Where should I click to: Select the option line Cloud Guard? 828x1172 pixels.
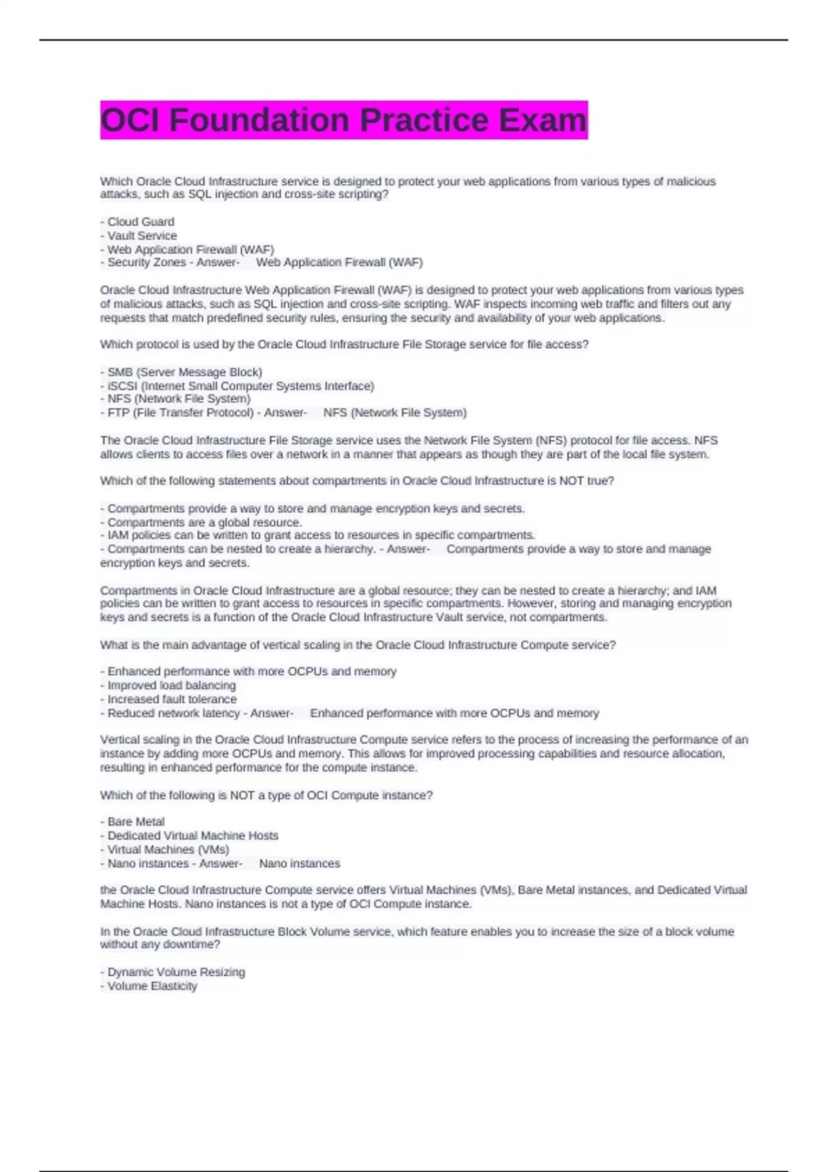tap(141, 222)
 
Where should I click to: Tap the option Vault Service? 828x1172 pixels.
tap(142, 236)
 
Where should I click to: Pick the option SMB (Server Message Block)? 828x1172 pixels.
tap(184, 372)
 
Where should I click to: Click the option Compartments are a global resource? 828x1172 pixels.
tap(204, 523)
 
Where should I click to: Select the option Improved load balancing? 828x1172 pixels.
tap(171, 685)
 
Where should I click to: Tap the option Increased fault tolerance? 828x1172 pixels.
tap(172, 699)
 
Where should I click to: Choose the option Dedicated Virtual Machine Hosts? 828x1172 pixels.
tap(193, 836)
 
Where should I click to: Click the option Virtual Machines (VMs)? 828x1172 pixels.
tap(168, 849)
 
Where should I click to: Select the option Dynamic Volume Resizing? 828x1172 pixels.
tap(176, 972)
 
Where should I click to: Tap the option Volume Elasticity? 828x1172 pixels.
tap(152, 986)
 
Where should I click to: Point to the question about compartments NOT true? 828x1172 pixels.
tap(357, 481)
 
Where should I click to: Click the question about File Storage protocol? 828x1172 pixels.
tap(344, 345)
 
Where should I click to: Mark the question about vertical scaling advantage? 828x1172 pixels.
tap(357, 645)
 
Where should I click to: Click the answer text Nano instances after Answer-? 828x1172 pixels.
tap(299, 864)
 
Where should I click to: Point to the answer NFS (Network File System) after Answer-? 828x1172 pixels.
tap(395, 413)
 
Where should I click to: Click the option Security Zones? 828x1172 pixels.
tap(146, 263)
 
